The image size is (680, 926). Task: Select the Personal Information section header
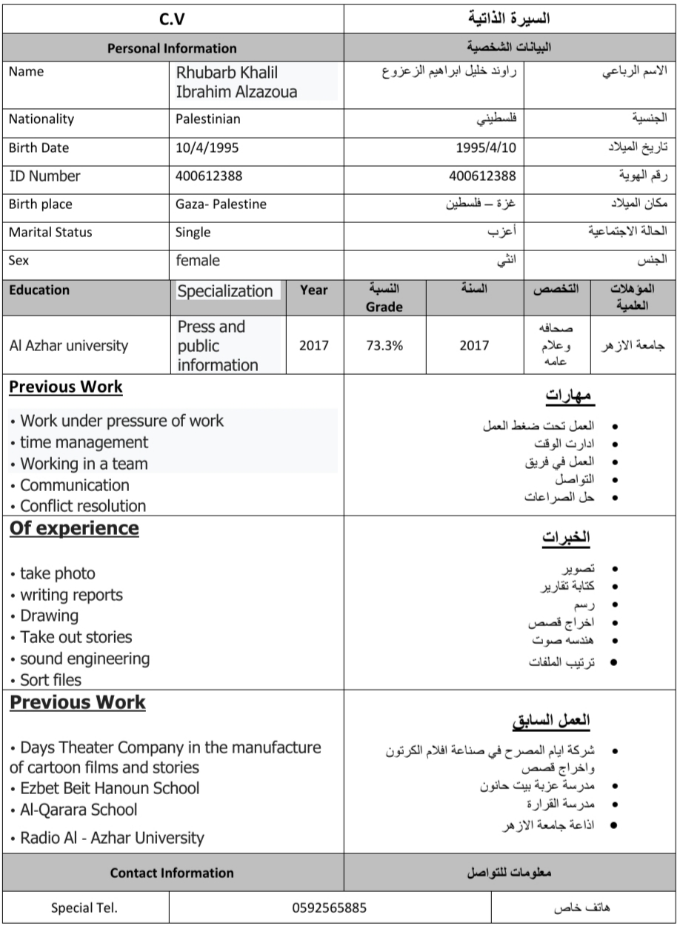click(172, 49)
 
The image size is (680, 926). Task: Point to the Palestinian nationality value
click(208, 119)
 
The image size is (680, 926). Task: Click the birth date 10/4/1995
click(207, 147)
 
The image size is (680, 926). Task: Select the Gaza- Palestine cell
click(221, 204)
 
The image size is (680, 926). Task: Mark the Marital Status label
click(50, 233)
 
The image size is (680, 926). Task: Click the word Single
click(193, 233)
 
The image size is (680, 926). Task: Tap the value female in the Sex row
click(198, 261)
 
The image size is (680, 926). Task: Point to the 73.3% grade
click(384, 345)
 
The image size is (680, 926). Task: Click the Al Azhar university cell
click(69, 345)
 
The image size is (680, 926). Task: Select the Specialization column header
click(224, 291)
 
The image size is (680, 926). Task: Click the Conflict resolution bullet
click(78, 507)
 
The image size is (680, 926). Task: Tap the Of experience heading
click(74, 528)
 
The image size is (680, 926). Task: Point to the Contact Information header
click(172, 873)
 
